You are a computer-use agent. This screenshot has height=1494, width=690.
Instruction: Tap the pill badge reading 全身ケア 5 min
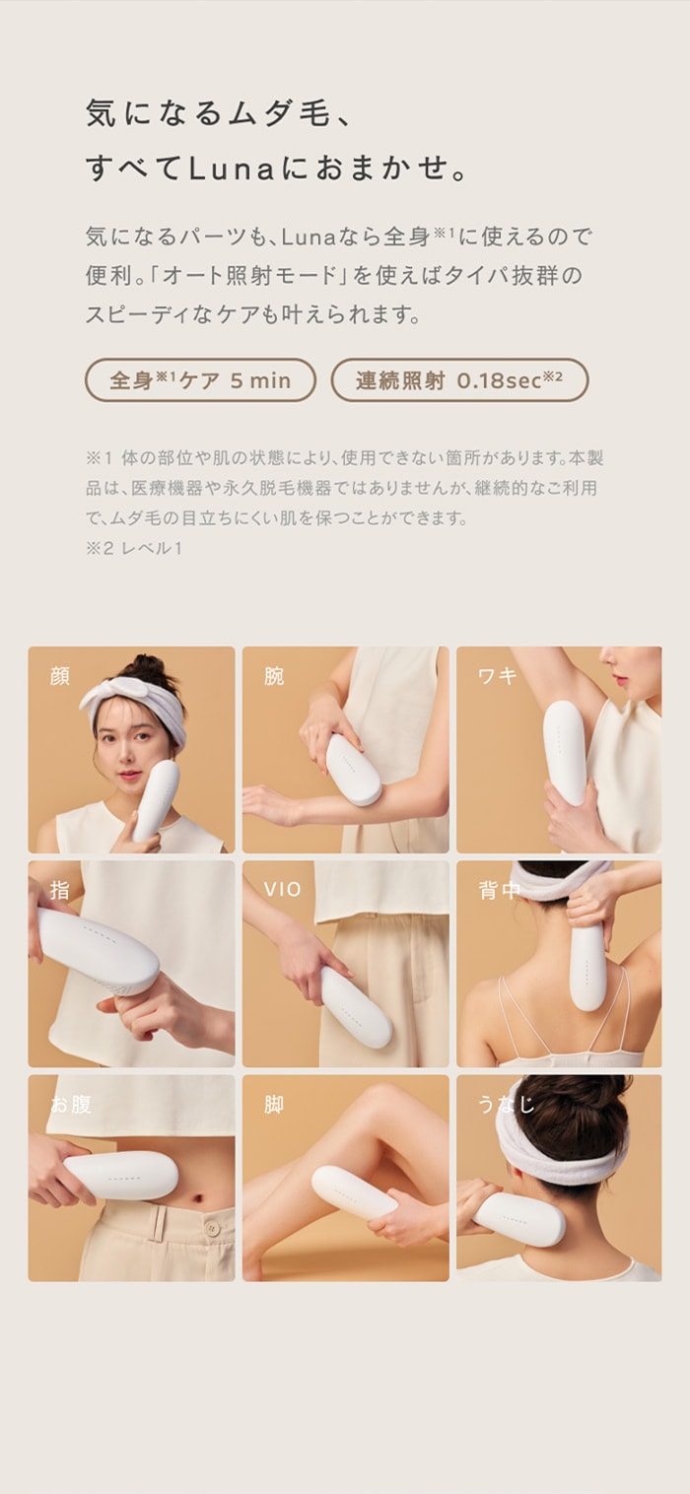point(200,380)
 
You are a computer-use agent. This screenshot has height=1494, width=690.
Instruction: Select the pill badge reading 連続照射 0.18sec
point(459,380)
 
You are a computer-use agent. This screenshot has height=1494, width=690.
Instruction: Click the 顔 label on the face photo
point(60,676)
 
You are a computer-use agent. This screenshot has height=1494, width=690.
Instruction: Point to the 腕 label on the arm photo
point(274,676)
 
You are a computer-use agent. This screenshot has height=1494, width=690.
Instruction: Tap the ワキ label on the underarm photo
point(498,676)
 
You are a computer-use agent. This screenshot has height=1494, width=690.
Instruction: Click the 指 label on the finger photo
point(59,890)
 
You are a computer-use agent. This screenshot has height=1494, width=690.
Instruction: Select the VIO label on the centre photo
point(282,890)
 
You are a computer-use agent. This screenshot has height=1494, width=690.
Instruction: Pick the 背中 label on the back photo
point(499,890)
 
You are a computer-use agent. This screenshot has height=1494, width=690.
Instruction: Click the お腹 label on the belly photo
point(71,1104)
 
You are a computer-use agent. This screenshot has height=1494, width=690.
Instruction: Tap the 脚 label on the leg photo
point(274,1104)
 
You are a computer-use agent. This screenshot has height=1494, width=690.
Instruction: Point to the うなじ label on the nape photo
point(507,1104)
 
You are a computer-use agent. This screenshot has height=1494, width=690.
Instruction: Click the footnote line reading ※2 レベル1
point(133,548)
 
